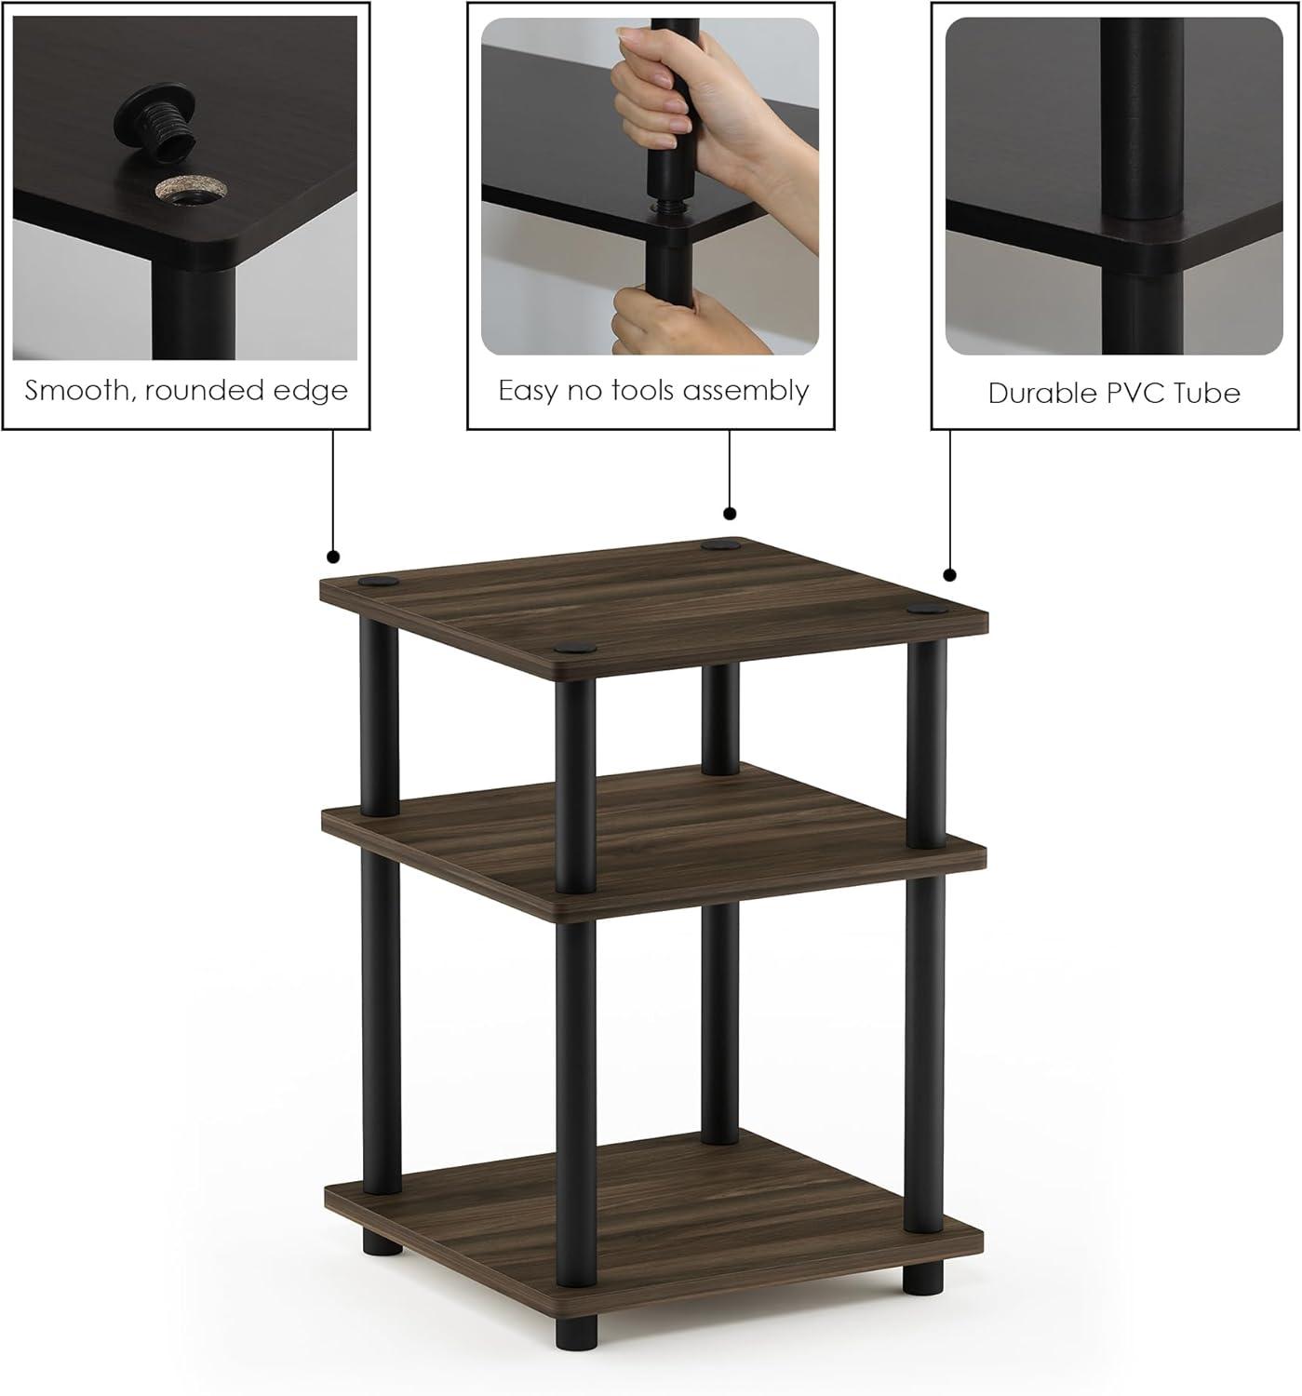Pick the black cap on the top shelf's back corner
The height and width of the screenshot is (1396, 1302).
pos(718,544)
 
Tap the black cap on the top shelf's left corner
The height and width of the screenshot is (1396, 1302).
pos(377,583)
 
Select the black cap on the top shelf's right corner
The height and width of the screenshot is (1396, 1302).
pos(925,610)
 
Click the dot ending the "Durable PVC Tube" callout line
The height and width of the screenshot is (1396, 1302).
pos(949,574)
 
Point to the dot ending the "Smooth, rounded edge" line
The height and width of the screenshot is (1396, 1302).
pos(333,557)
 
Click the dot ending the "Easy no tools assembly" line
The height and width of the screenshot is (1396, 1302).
pos(730,514)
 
